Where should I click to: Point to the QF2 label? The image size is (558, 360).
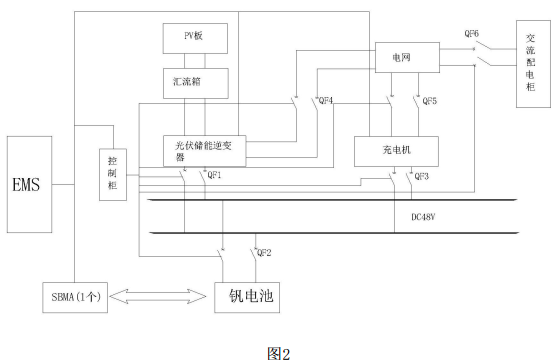pos(265,252)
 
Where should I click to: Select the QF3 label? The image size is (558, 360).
pos(422,175)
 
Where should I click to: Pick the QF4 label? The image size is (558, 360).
pos(324,101)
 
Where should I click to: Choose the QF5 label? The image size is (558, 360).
pos(429,101)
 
